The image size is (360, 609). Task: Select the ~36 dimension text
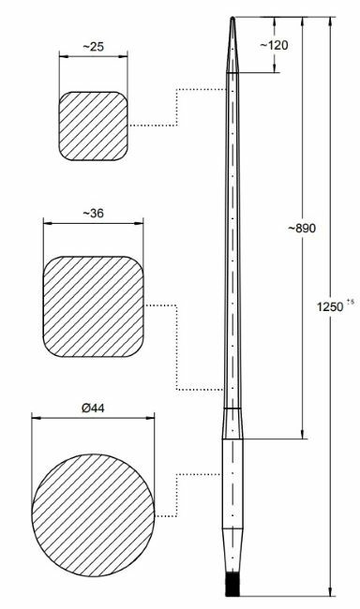pos(93,214)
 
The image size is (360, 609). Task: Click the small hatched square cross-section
pos(93,125)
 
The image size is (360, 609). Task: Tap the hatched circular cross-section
pos(93,504)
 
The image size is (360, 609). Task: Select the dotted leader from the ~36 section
pos(177,347)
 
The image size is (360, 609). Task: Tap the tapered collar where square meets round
pos(231,424)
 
